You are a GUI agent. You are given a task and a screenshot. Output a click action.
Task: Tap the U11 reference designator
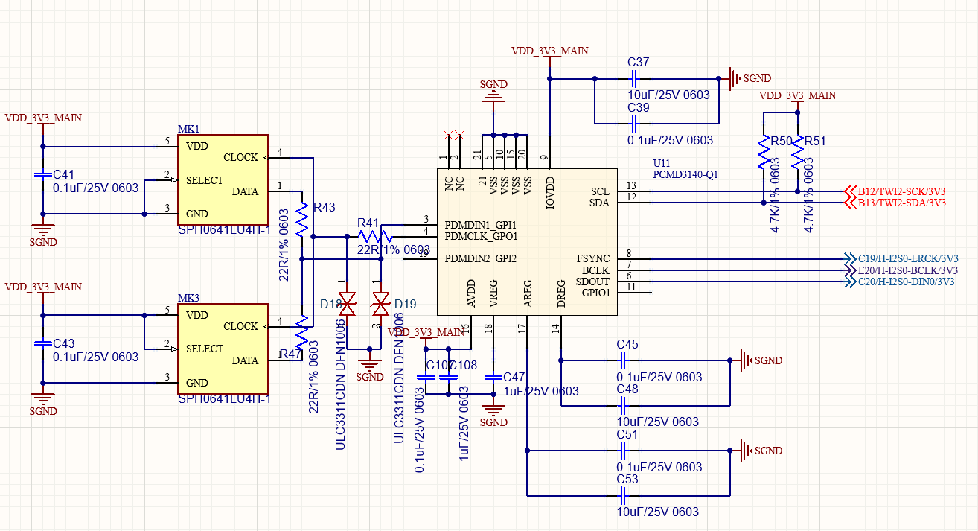tap(662, 162)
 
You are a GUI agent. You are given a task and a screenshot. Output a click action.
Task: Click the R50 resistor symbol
tap(763, 153)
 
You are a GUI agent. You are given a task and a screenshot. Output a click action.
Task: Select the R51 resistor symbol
tap(797, 153)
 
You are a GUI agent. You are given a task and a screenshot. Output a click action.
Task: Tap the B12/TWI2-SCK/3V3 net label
tap(901, 191)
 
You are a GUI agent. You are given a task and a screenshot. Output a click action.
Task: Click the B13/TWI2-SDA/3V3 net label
tap(901, 203)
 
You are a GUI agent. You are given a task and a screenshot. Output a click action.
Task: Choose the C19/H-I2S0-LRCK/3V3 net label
tap(907, 258)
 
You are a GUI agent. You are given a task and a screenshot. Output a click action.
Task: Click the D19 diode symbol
tap(381, 303)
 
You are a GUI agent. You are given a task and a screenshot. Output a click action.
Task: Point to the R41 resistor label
tap(368, 223)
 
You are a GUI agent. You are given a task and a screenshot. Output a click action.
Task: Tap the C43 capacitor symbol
tap(43, 343)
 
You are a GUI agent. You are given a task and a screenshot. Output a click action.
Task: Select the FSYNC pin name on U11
tap(593, 258)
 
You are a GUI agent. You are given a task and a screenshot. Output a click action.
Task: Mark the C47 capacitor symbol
tap(490, 378)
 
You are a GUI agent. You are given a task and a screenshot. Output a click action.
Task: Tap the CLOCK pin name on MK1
tap(240, 157)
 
